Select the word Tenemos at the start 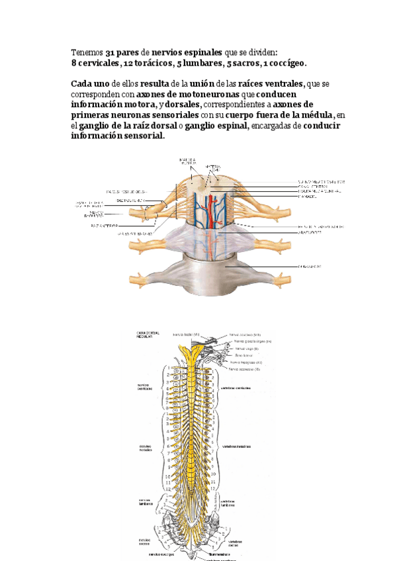tap(87, 52)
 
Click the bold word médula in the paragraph tap(317, 115)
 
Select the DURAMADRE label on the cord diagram tap(310, 267)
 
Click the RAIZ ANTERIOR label tap(104, 225)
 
